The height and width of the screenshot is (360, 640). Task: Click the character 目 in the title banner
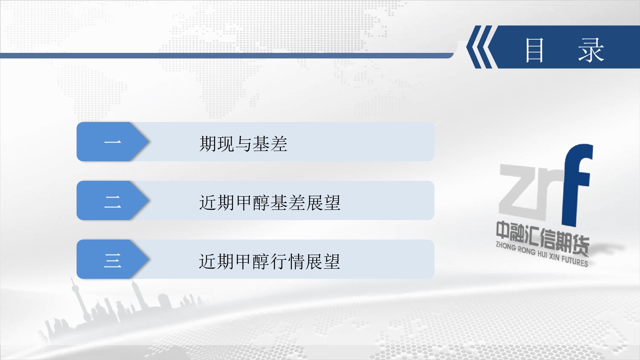534,50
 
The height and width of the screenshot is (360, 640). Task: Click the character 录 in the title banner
591,50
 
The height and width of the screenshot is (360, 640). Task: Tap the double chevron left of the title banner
480,47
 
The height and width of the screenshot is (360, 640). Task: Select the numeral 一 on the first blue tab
113,142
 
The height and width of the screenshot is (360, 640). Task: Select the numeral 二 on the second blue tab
113,202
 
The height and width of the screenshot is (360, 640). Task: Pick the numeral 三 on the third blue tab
113,261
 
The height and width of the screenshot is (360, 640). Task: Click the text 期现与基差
243,143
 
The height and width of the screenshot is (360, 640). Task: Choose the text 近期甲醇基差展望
270,203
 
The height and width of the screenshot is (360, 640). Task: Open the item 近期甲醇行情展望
270,261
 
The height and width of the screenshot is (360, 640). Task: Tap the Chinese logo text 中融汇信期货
542,238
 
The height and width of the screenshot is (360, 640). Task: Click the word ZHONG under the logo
506,246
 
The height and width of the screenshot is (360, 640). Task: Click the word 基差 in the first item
270,143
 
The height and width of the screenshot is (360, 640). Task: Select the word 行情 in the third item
287,261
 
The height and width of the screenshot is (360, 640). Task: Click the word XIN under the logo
554,257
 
